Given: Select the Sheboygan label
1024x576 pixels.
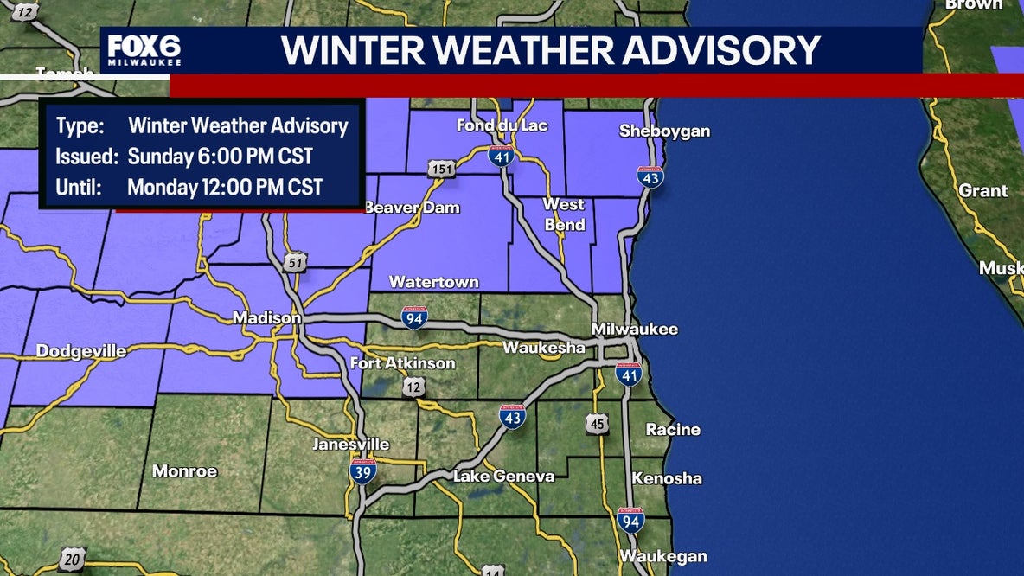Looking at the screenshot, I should (x=664, y=131).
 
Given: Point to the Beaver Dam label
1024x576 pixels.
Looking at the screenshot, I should (x=412, y=208).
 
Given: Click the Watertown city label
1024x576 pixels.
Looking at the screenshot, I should (x=434, y=282).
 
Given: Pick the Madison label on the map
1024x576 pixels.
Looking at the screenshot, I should (x=266, y=318).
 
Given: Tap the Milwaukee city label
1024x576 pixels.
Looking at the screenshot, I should (x=635, y=329).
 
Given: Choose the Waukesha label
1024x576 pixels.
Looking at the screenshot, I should (x=544, y=348).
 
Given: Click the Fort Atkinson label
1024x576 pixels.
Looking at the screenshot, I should (x=402, y=363).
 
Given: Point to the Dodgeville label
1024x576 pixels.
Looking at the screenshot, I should (x=81, y=351).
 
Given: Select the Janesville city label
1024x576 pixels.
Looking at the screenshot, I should (x=350, y=445).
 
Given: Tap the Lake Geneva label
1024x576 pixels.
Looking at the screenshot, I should (x=504, y=477).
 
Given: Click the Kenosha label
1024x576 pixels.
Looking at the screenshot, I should (x=667, y=478).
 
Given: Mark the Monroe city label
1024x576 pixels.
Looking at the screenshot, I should (x=184, y=471).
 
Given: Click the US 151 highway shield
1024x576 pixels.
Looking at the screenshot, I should (x=440, y=170).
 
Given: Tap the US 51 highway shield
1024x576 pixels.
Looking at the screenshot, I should (x=296, y=262).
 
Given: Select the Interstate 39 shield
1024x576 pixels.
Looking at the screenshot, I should (x=362, y=471).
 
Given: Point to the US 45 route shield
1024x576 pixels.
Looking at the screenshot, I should (x=596, y=424).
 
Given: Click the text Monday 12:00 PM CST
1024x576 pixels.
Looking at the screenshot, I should (x=225, y=187).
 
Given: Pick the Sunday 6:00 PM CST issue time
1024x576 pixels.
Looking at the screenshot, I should (x=221, y=157).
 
